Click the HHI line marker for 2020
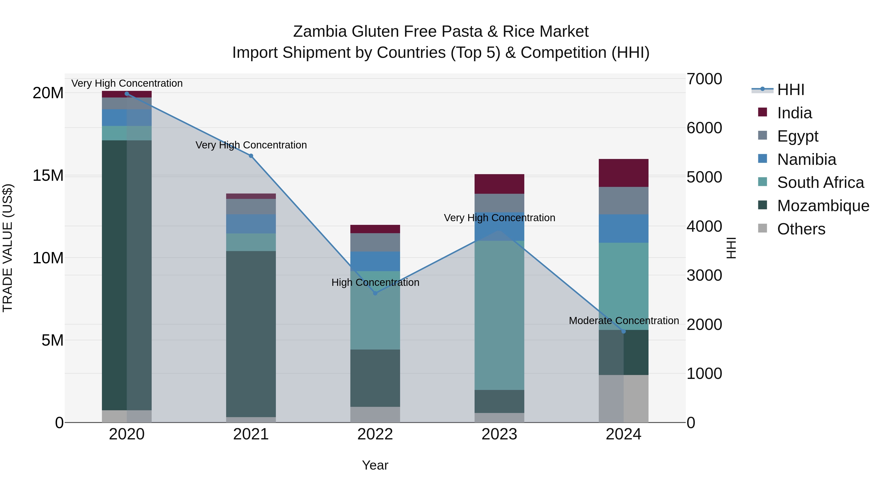(x=127, y=94)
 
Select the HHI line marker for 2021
(x=251, y=156)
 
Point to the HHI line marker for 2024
(x=624, y=331)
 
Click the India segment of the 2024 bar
(x=624, y=173)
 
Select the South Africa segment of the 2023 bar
(x=499, y=315)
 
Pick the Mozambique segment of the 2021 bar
(x=251, y=334)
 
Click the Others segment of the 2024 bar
(x=624, y=399)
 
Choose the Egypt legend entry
(x=797, y=136)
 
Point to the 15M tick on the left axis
(x=48, y=175)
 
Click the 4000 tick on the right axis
(x=704, y=226)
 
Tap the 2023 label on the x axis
(x=499, y=434)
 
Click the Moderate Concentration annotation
(x=624, y=321)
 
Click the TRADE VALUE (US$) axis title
(x=8, y=248)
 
